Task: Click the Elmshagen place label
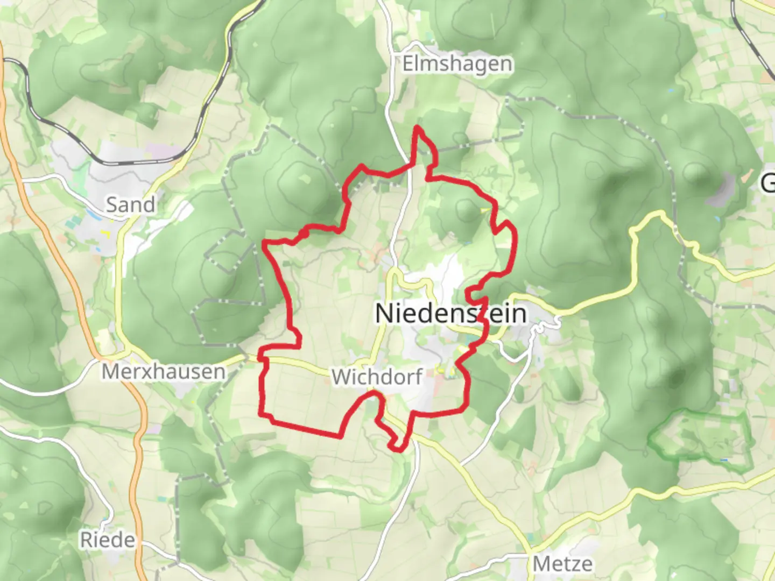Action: [x=457, y=64]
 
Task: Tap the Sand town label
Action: [x=130, y=204]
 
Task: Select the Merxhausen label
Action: [x=164, y=372]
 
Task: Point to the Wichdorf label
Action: [x=377, y=377]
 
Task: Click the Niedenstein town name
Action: [x=450, y=314]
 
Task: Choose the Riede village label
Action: [x=108, y=540]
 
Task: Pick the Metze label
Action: [x=562, y=564]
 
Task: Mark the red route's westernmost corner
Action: [x=265, y=244]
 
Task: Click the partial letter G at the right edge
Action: [x=767, y=183]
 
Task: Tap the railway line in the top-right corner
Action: [x=753, y=38]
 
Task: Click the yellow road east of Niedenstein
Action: [x=592, y=301]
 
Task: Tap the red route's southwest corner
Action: [x=262, y=415]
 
